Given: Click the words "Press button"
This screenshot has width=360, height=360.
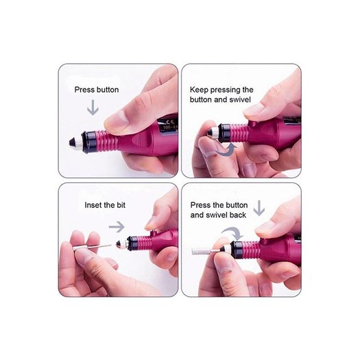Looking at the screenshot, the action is coord(97,90).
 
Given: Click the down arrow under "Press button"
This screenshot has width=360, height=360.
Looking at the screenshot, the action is coord(93,108).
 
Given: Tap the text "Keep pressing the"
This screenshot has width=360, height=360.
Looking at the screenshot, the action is coord(221,90).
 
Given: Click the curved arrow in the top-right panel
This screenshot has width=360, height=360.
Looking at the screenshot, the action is coord(226,151).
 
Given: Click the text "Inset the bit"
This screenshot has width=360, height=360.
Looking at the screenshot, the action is coord(105,205).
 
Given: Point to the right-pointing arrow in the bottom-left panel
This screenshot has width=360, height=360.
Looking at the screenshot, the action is coord(117,227).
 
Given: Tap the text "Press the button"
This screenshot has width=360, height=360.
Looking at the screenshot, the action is coord(219,205).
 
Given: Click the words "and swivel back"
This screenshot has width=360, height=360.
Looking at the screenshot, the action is coord(218,215).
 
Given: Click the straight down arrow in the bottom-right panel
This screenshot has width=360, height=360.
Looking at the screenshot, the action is coord(259,208).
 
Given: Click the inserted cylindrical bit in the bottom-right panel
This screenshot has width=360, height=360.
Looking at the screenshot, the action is coord(203,251).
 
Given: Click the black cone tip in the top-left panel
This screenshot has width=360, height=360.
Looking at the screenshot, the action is coord(73,142).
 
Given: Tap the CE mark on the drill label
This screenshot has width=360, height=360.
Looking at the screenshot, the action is coord(167,121).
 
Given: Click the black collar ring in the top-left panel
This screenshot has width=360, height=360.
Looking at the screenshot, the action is coord(90,142).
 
